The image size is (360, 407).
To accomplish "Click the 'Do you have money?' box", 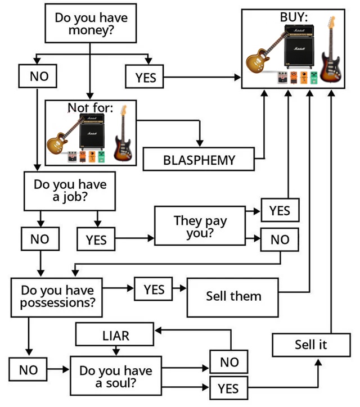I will coord(91,24).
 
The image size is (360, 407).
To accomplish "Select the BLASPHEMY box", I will coord(199,160).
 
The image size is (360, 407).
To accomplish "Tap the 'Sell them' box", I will coord(233,296).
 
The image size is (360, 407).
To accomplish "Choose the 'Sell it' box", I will coord(310,344).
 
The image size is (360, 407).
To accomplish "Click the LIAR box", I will coord(115,336).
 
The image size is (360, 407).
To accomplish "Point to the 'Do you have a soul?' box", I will coord(115,376).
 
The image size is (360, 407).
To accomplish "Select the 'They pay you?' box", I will coord(200,226).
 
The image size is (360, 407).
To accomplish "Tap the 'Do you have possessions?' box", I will coord(57,296).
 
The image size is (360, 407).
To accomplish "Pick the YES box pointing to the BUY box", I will coord(145,77).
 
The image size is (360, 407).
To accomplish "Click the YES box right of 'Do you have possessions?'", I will coord(154,289).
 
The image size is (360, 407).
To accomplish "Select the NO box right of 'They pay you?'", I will coord(280,239).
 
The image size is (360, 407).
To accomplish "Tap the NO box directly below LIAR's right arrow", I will coord(229,362).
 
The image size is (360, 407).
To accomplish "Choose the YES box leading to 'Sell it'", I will coord(228,388).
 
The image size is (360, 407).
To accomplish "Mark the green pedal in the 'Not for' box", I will coord(102,157).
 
